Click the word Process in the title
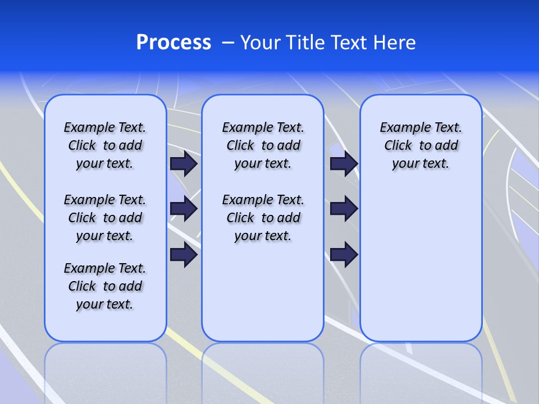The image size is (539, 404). pyautogui.click(x=173, y=43)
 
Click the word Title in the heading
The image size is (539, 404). pyautogui.click(x=304, y=43)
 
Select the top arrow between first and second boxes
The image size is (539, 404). pyautogui.click(x=184, y=163)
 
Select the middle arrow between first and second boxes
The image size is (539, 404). pyautogui.click(x=184, y=209)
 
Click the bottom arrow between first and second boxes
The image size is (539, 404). pyautogui.click(x=184, y=255)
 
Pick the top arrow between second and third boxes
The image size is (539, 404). pyautogui.click(x=344, y=163)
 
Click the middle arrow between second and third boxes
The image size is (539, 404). pyautogui.click(x=344, y=209)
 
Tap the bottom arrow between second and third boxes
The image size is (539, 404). pyautogui.click(x=344, y=255)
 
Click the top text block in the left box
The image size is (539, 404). pyautogui.click(x=105, y=145)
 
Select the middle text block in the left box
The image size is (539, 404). pyautogui.click(x=105, y=218)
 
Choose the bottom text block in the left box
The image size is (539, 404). pyautogui.click(x=105, y=286)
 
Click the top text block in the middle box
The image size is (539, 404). pyautogui.click(x=263, y=145)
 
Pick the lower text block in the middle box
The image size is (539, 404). pyautogui.click(x=263, y=218)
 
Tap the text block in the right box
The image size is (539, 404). pyautogui.click(x=421, y=145)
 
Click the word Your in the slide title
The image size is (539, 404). pyautogui.click(x=261, y=43)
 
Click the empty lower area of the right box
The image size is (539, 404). pyautogui.click(x=421, y=264)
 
